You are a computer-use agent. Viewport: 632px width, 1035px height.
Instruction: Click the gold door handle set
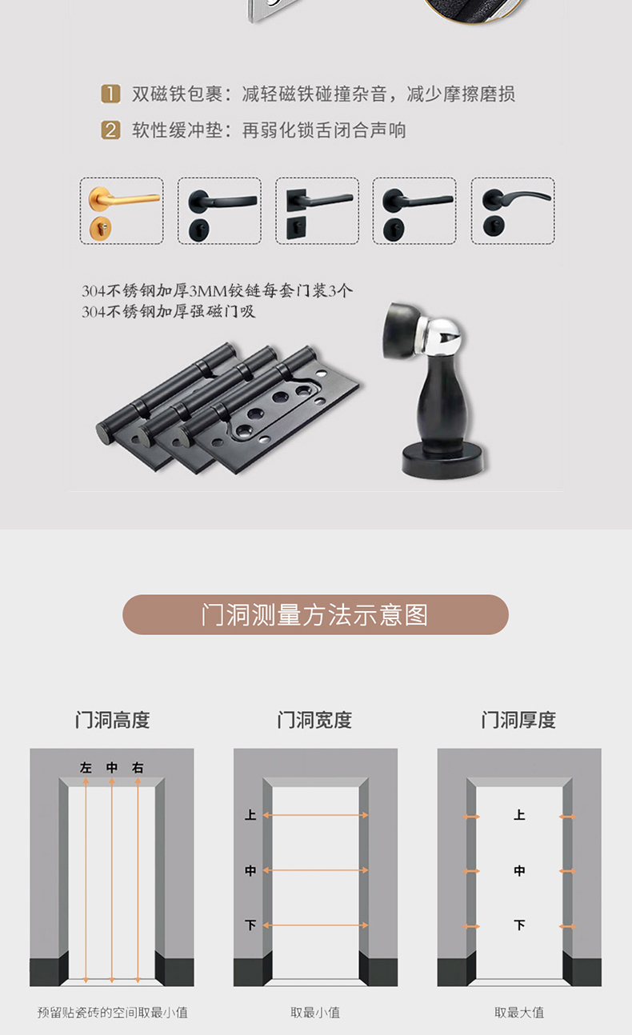pos(122,210)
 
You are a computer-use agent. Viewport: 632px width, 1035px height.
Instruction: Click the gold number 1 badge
pos(110,94)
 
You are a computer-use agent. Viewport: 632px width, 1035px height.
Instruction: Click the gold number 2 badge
pos(110,130)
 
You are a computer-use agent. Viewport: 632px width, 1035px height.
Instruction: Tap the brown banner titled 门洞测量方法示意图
pos(315,614)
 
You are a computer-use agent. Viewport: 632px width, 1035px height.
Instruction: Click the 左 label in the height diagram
pos(86,768)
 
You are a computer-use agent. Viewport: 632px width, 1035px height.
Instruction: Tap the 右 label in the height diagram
pos(138,768)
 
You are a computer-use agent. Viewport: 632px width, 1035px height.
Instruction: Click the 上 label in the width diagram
pos(250,815)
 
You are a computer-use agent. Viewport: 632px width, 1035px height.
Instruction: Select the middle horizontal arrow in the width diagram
pos(315,870)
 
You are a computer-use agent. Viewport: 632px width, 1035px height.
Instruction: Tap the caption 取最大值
pos(519,1013)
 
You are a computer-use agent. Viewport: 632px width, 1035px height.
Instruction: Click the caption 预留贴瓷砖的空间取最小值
pos(112,1013)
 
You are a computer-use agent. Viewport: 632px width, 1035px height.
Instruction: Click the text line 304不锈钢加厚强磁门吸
pos(169,312)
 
